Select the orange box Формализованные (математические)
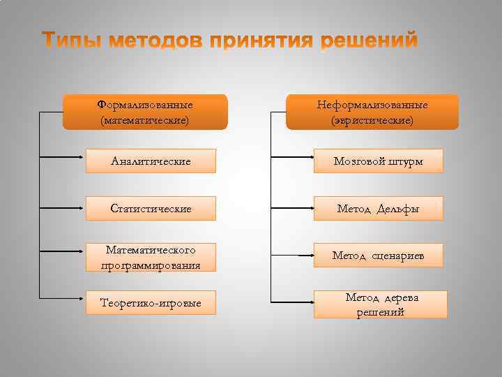145,112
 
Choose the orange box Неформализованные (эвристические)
372,112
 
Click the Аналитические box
151,161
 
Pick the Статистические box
151,209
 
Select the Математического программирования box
151,257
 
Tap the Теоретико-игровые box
151,304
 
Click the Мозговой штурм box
378,161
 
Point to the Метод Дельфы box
378,209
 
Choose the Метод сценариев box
378,256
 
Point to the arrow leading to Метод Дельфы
291,208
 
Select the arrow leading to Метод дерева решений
291,303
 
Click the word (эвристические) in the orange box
372,121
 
